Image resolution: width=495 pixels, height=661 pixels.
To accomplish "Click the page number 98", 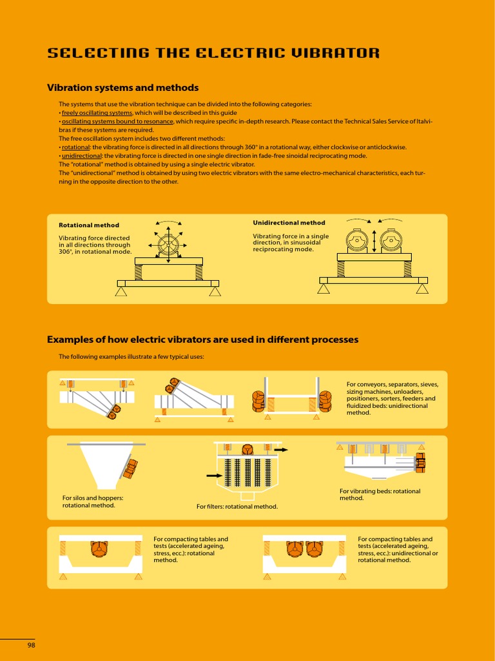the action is [31, 645].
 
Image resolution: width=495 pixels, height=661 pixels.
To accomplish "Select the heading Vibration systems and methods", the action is [123, 88].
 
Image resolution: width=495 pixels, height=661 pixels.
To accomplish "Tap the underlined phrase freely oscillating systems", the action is [97, 113].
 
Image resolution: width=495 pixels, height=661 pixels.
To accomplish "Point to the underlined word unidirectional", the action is [82, 156].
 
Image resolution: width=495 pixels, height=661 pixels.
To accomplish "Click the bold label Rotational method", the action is [89, 225].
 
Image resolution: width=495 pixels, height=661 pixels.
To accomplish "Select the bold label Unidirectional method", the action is [289, 223].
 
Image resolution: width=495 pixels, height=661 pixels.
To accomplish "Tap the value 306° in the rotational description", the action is [66, 252].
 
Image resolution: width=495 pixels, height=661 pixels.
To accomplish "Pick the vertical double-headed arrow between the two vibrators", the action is [374, 241].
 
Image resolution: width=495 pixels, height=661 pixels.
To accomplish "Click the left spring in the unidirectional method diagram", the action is [341, 269].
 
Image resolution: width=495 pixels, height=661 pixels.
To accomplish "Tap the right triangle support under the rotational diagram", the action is [215, 291].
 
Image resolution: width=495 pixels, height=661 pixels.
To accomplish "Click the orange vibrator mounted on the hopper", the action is [131, 469].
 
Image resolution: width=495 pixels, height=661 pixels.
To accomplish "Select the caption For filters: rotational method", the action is [237, 506].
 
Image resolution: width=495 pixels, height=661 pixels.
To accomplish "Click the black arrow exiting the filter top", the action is [281, 450].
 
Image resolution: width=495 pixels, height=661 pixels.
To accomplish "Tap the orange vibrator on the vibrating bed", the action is [420, 463].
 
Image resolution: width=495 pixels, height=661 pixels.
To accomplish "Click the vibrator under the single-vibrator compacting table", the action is [99, 549].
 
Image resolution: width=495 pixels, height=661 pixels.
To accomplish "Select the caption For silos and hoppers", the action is [93, 502].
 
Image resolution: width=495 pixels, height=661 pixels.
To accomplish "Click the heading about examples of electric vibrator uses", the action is [203, 340].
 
